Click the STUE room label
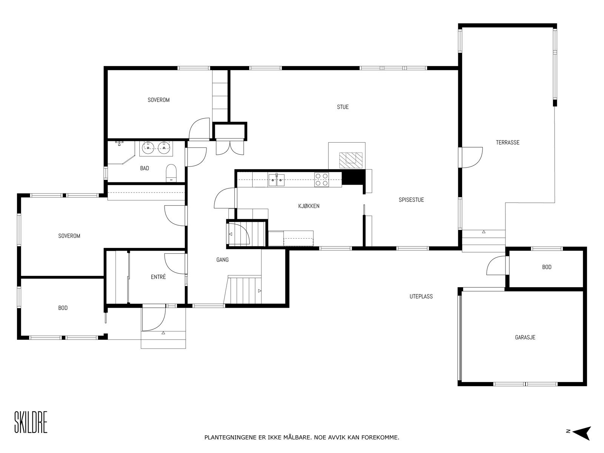tap(343, 107)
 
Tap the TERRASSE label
tap(507, 142)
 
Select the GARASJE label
tap(525, 337)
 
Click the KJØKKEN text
tap(309, 206)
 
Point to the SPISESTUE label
tap(411, 200)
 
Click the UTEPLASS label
tap(421, 296)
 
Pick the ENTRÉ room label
tap(158, 277)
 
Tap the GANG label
tap(222, 260)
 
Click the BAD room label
tap(145, 168)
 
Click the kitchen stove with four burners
tap(322, 179)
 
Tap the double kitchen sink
tap(276, 180)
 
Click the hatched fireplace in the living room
tap(350, 159)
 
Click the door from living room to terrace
tap(472, 157)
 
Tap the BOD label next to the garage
tap(547, 267)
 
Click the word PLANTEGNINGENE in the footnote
tap(228, 438)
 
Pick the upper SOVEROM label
tap(159, 100)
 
